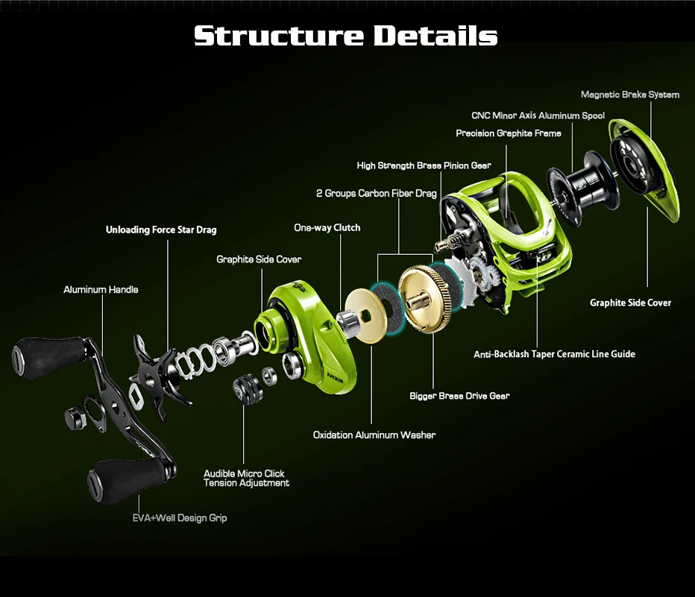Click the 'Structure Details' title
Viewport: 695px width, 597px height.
click(x=346, y=36)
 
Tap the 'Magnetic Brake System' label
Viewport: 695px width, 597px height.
click(x=629, y=95)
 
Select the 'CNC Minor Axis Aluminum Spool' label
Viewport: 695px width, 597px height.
click(x=538, y=116)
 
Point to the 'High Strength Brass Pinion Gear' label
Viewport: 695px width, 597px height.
click(x=424, y=165)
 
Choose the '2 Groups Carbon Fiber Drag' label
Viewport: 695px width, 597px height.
click(x=376, y=194)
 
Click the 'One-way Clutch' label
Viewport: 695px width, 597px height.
click(x=327, y=227)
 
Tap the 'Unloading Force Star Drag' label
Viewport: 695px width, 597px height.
click(x=161, y=230)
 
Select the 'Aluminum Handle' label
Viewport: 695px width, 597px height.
click(x=101, y=289)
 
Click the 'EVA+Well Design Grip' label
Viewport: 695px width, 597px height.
click(x=174, y=517)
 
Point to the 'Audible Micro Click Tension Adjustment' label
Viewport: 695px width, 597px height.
click(x=246, y=478)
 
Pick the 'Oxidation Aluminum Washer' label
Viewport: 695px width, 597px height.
click(x=374, y=435)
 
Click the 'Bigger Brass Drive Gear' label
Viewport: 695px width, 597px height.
click(x=459, y=396)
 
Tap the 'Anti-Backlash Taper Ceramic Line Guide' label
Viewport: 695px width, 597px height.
click(x=554, y=354)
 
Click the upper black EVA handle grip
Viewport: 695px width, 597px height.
click(x=48, y=352)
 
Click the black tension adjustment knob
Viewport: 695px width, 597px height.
click(x=248, y=389)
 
